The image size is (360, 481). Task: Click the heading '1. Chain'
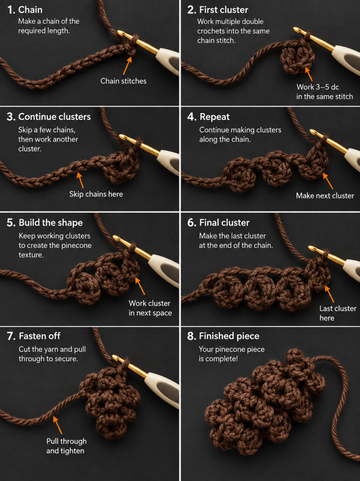pos(25,10)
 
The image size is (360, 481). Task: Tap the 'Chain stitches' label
pos(123,81)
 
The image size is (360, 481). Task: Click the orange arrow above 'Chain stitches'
pos(128,65)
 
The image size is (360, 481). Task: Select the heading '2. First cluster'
pos(218,10)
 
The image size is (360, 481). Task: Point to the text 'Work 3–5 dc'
pos(317,87)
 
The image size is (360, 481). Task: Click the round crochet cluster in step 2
pos(296,59)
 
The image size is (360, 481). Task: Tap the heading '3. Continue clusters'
pos(49,116)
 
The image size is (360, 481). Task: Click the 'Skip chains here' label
pos(96,194)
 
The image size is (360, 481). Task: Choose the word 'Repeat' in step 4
pos(214,116)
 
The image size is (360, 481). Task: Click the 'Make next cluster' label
pos(325,196)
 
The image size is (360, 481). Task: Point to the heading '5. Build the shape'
pos(45,222)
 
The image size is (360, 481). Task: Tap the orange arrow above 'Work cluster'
pos(140,286)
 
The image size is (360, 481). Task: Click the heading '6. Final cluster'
pos(218,222)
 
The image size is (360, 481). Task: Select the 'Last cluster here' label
pos(337,313)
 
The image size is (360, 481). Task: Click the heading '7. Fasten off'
pos(34,336)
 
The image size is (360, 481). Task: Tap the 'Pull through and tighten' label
pos(66,446)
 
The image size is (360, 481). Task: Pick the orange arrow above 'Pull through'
pos(57,425)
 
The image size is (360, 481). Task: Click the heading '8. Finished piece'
pos(223,336)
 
